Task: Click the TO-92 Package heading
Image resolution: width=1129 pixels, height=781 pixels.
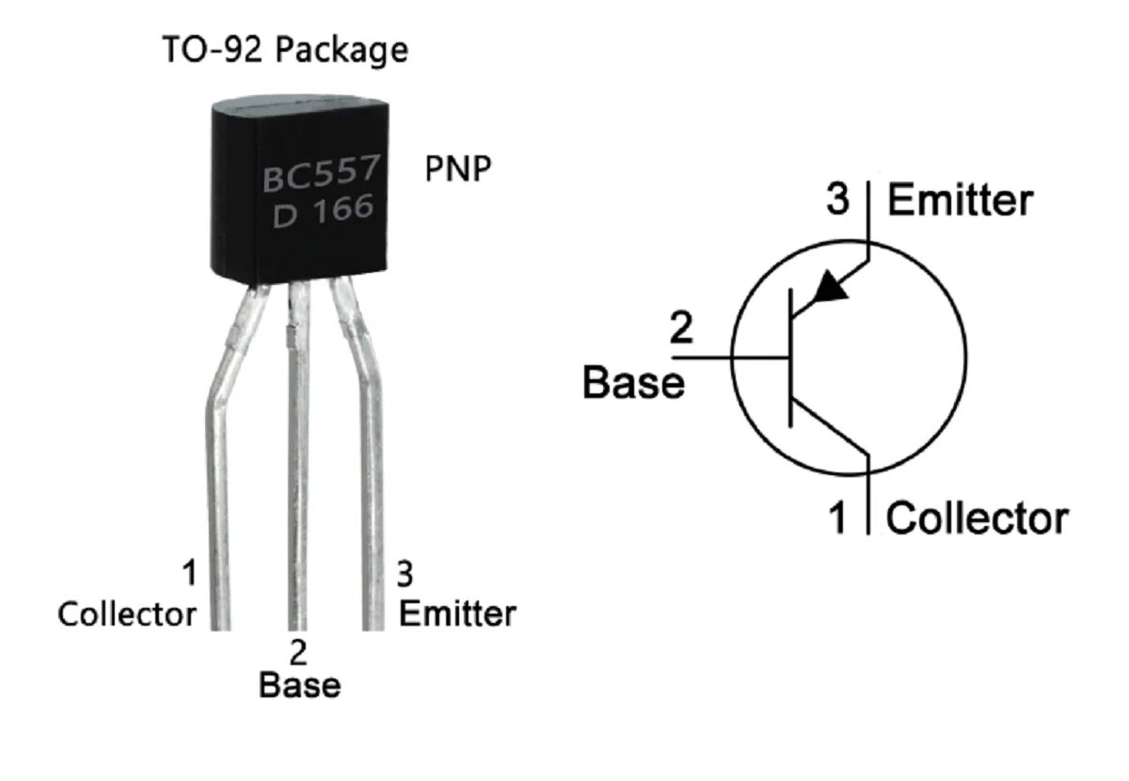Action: coord(286,49)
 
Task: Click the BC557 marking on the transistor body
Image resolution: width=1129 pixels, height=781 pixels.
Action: coord(321,176)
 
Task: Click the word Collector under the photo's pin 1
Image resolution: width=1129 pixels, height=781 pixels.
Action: coord(127,614)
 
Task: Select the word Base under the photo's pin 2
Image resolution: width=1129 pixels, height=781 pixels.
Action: coord(299,685)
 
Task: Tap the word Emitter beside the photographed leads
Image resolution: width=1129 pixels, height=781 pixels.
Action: coord(457,614)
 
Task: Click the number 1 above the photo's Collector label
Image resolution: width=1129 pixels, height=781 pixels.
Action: coord(189,572)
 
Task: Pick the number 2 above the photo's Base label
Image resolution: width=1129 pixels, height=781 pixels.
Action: coord(298,651)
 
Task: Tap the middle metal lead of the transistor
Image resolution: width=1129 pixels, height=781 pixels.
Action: coord(297,470)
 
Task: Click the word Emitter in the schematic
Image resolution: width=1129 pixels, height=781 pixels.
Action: coord(960,200)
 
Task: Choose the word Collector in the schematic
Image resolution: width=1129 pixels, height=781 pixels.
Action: coord(978,518)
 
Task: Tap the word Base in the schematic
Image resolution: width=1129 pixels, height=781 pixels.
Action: coord(633,383)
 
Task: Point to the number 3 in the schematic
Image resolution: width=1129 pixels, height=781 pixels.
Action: coord(837,199)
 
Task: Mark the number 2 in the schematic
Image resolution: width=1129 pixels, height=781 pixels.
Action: coord(681,329)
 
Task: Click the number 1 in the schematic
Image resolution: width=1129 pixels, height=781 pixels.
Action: coord(836,518)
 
